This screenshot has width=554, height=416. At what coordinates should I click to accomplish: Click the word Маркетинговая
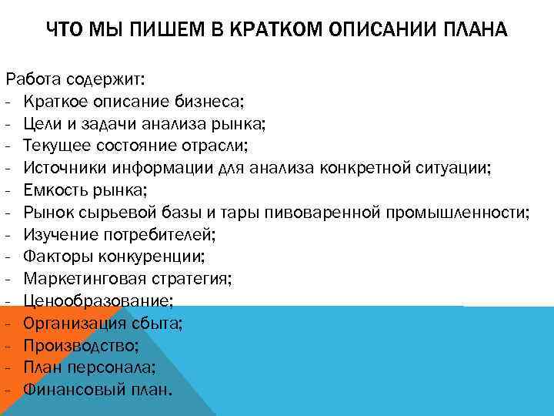tap(79, 278)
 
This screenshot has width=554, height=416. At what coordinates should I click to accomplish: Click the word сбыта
tap(156, 323)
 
